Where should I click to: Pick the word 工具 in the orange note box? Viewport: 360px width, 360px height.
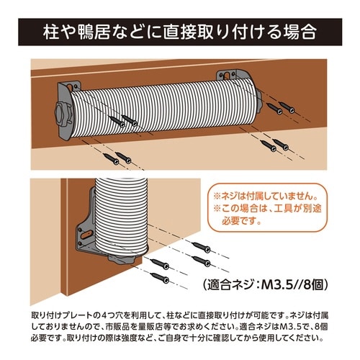pos(283,210)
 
